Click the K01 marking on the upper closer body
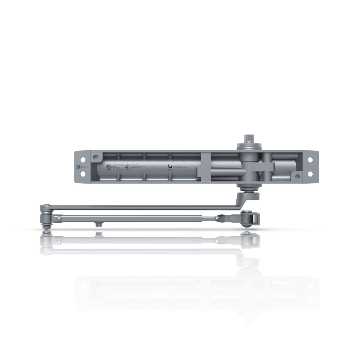pos(157,167)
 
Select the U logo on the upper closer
pos(170,167)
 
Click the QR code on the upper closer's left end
pos(78,167)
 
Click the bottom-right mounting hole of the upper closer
pos(311,175)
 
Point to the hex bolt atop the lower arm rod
pos(98,235)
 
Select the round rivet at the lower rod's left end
pos(59,240)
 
